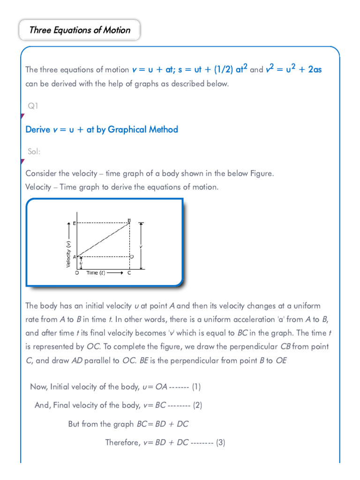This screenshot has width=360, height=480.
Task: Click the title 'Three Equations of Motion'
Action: pos(80,30)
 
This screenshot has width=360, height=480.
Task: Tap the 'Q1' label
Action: pos(33,106)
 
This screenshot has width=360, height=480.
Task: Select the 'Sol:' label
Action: pos(34,152)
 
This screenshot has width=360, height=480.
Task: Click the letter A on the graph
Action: pos(75,257)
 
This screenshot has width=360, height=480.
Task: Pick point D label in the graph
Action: pos(132,257)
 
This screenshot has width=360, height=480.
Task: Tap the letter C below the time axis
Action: pos(129,273)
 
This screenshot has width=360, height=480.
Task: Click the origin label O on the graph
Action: pos(77,273)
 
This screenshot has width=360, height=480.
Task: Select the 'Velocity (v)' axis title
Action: pos(68,254)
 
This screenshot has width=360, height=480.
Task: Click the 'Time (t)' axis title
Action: pos(96,273)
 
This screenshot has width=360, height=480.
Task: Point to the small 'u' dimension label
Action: pos(81,263)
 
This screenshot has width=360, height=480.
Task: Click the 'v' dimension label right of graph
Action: pos(141,246)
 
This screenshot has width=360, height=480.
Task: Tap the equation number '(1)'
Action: pos(196,387)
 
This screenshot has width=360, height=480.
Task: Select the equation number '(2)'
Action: pos(197,405)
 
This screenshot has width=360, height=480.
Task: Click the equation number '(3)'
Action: pos(221,442)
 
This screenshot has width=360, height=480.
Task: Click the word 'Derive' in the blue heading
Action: pos(37,129)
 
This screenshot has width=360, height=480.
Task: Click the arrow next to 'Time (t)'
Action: pos(115,273)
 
